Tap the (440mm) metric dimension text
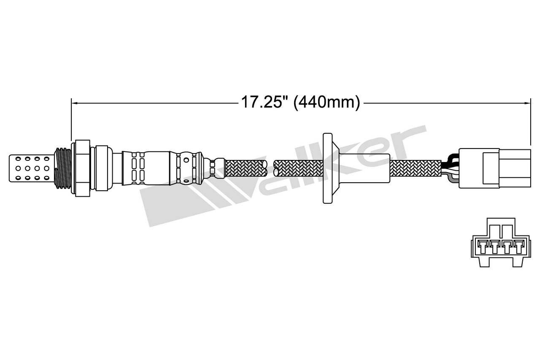pos(327,103)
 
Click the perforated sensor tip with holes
pos(31,168)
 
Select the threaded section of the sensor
pos(63,168)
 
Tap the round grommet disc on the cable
pos(327,168)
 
